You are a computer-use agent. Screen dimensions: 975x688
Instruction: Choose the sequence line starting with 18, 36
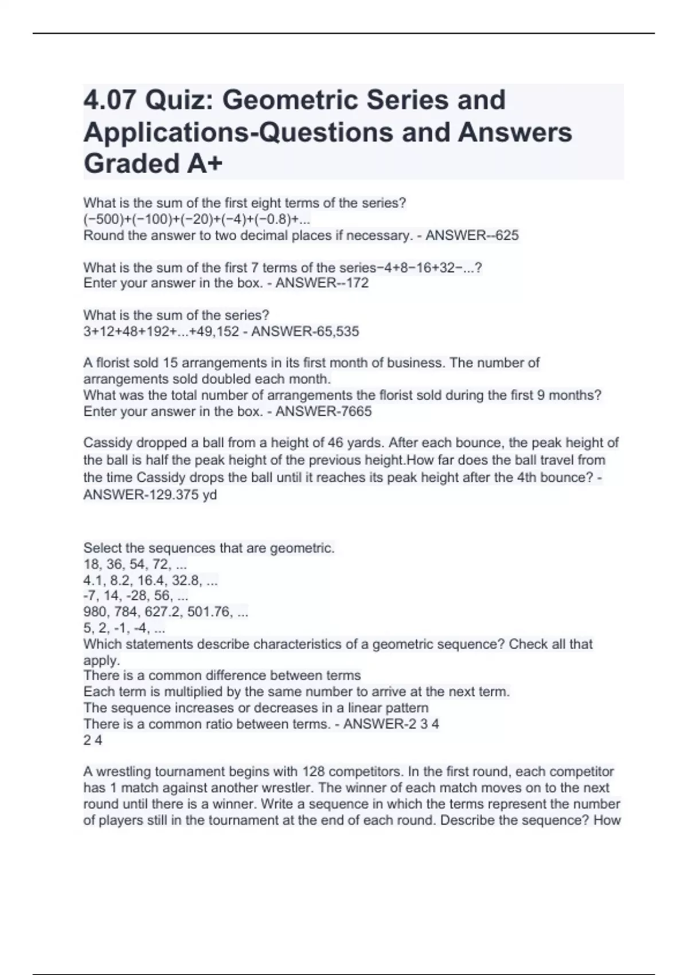tap(135, 564)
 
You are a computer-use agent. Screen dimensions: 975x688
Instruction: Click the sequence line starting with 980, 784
tap(166, 612)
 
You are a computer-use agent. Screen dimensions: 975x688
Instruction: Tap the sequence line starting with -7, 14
tap(136, 596)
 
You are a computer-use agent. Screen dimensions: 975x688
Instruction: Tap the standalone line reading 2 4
tap(93, 740)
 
